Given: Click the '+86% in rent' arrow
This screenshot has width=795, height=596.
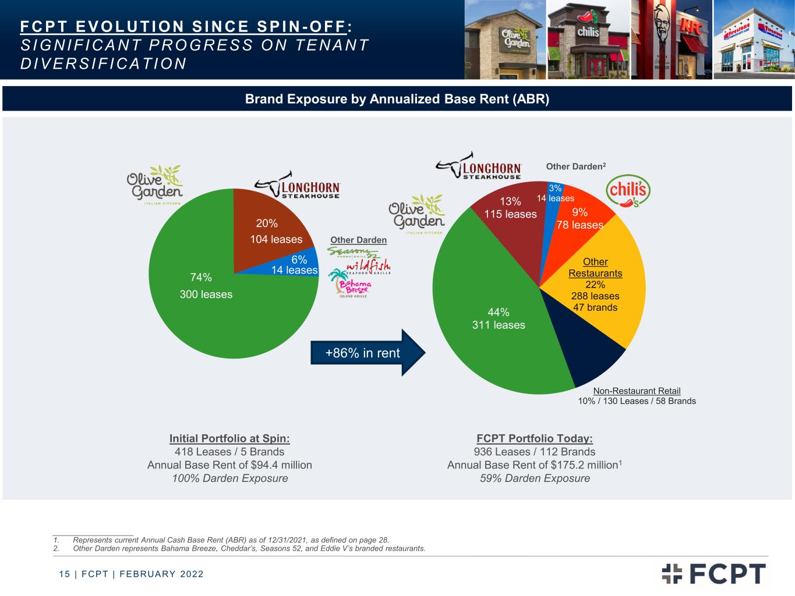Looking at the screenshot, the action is tap(368, 353).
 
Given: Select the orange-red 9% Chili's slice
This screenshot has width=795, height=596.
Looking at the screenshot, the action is tap(580, 217).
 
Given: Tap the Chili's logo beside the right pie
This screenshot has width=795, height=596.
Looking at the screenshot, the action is tap(628, 191).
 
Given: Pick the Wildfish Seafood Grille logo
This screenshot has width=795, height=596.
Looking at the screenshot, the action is tap(369, 267).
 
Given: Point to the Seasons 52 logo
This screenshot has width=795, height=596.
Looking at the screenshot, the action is tap(353, 252).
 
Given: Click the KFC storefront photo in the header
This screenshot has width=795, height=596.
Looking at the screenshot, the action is tap(672, 40).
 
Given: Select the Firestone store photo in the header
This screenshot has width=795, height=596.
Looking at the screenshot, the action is tap(754, 40).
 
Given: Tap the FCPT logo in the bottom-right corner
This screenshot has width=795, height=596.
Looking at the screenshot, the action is tap(713, 573).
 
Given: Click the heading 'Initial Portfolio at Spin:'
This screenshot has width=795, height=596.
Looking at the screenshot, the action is tap(229, 439).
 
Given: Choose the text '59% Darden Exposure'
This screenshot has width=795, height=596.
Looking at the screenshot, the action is tap(535, 478).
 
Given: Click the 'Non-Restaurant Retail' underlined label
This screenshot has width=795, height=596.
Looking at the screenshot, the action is tap(637, 391).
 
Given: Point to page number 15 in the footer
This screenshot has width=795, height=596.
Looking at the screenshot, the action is tap(65, 574).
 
